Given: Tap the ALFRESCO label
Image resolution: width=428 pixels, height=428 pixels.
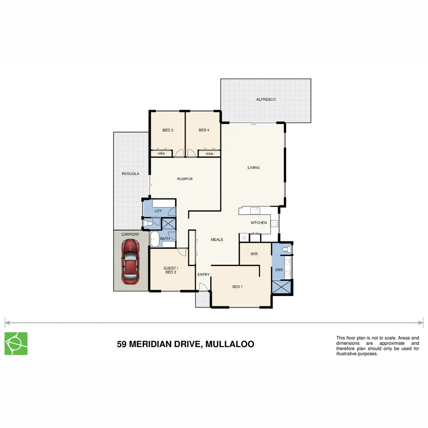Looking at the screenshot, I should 266,99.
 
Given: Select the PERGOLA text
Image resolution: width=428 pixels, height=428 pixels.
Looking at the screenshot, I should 130,174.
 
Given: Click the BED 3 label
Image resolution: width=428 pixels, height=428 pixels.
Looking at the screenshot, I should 168,130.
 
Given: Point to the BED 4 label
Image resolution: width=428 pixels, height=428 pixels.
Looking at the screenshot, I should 204,130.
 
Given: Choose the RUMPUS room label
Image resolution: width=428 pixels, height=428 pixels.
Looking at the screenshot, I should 185,179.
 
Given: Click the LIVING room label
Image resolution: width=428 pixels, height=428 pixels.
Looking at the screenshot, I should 254,168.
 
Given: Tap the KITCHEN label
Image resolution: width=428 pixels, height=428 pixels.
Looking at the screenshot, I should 259,223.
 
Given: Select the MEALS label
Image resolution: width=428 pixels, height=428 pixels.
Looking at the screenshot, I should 217,240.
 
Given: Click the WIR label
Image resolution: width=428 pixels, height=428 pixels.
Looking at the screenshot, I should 254,254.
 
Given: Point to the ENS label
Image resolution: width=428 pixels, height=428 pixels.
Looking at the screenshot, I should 279,270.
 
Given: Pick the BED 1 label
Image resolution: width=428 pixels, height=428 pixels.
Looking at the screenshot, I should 237,287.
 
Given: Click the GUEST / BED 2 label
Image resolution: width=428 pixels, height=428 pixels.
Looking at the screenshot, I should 171,270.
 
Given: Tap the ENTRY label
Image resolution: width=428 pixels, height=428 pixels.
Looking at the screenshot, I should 203,275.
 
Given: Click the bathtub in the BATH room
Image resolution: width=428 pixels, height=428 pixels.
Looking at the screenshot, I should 155,239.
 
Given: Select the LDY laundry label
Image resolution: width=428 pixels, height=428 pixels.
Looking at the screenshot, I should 158,211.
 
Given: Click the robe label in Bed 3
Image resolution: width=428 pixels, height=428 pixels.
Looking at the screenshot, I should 161,153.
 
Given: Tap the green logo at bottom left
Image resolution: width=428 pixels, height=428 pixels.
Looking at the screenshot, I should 16,344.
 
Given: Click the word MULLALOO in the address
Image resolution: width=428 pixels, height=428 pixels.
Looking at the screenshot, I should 230,344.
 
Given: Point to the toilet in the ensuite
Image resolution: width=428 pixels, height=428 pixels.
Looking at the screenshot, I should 288,249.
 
